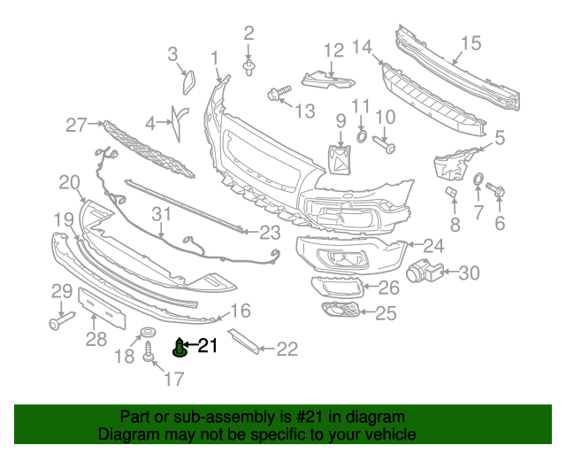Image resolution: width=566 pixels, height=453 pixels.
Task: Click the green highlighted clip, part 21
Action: click(180, 349)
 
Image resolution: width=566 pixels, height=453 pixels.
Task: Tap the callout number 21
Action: click(207, 346)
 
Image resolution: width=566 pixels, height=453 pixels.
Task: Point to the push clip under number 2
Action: click(249, 65)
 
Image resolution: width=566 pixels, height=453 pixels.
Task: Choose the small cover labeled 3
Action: click(189, 81)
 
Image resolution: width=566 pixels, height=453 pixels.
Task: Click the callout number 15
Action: click(470, 42)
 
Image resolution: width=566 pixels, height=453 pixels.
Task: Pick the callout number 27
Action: click(77, 126)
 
